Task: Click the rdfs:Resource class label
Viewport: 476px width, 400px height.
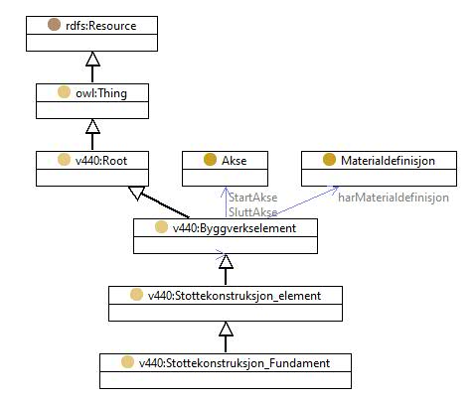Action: [x=101, y=26]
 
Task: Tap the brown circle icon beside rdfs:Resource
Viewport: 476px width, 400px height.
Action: [x=54, y=25]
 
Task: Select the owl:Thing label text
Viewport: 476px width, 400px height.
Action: [x=101, y=93]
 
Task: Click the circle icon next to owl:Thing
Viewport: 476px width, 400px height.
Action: [x=64, y=92]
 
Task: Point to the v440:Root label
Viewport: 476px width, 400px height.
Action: [x=101, y=161]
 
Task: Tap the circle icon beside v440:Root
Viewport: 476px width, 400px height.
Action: [x=64, y=160]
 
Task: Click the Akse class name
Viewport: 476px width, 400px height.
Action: [x=235, y=161]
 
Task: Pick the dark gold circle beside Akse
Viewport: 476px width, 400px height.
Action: [x=210, y=160]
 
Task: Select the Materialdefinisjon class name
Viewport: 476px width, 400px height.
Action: [x=388, y=161]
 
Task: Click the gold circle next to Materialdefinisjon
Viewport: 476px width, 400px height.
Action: [x=329, y=160]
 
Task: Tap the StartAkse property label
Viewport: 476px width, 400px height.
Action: [x=253, y=198]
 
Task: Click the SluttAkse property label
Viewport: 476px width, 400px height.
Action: [x=253, y=212]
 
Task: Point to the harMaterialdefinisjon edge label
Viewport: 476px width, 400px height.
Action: [x=394, y=198]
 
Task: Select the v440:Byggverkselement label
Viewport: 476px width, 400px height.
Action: [x=235, y=228]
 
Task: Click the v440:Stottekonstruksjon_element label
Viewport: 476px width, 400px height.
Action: [x=235, y=296]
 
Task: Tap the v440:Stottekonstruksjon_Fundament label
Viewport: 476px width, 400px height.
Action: [x=235, y=363]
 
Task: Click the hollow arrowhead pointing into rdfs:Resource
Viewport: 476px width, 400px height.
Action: [x=92, y=59]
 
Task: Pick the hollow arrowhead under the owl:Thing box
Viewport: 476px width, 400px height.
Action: [x=92, y=126]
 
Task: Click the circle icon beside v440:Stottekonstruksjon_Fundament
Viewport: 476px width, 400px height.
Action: [x=127, y=362]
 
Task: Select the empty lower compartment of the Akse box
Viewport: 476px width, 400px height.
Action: [x=225, y=178]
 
